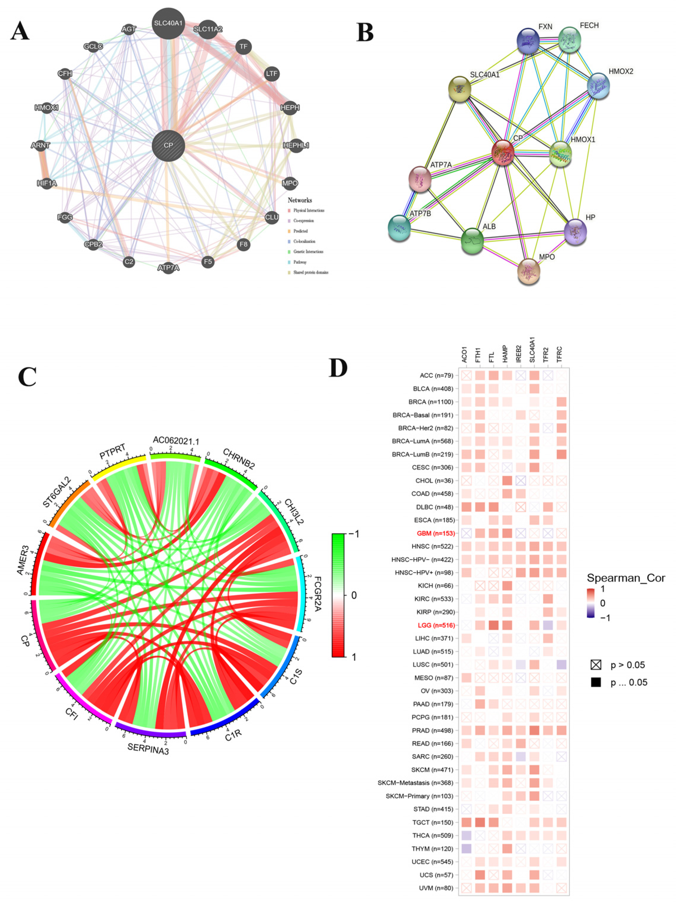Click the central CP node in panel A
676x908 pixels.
pyautogui.click(x=168, y=146)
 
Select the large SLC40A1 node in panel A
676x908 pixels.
pyautogui.click(x=168, y=24)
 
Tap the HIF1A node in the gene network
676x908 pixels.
pyautogui.click(x=47, y=183)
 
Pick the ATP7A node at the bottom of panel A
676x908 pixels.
pyautogui.click(x=168, y=268)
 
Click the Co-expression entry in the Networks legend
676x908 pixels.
pyautogui.click(x=303, y=221)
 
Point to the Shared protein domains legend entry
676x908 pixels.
pyautogui.click(x=310, y=272)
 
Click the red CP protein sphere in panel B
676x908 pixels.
pyautogui.click(x=503, y=152)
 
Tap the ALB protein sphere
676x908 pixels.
pyautogui.click(x=472, y=241)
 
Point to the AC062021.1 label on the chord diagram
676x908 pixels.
pyautogui.click(x=176, y=441)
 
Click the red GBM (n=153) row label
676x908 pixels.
pyautogui.click(x=435, y=533)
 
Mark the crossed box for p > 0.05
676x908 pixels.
pyautogui.click(x=596, y=665)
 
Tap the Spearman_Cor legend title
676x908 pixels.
pyautogui.click(x=626, y=578)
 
